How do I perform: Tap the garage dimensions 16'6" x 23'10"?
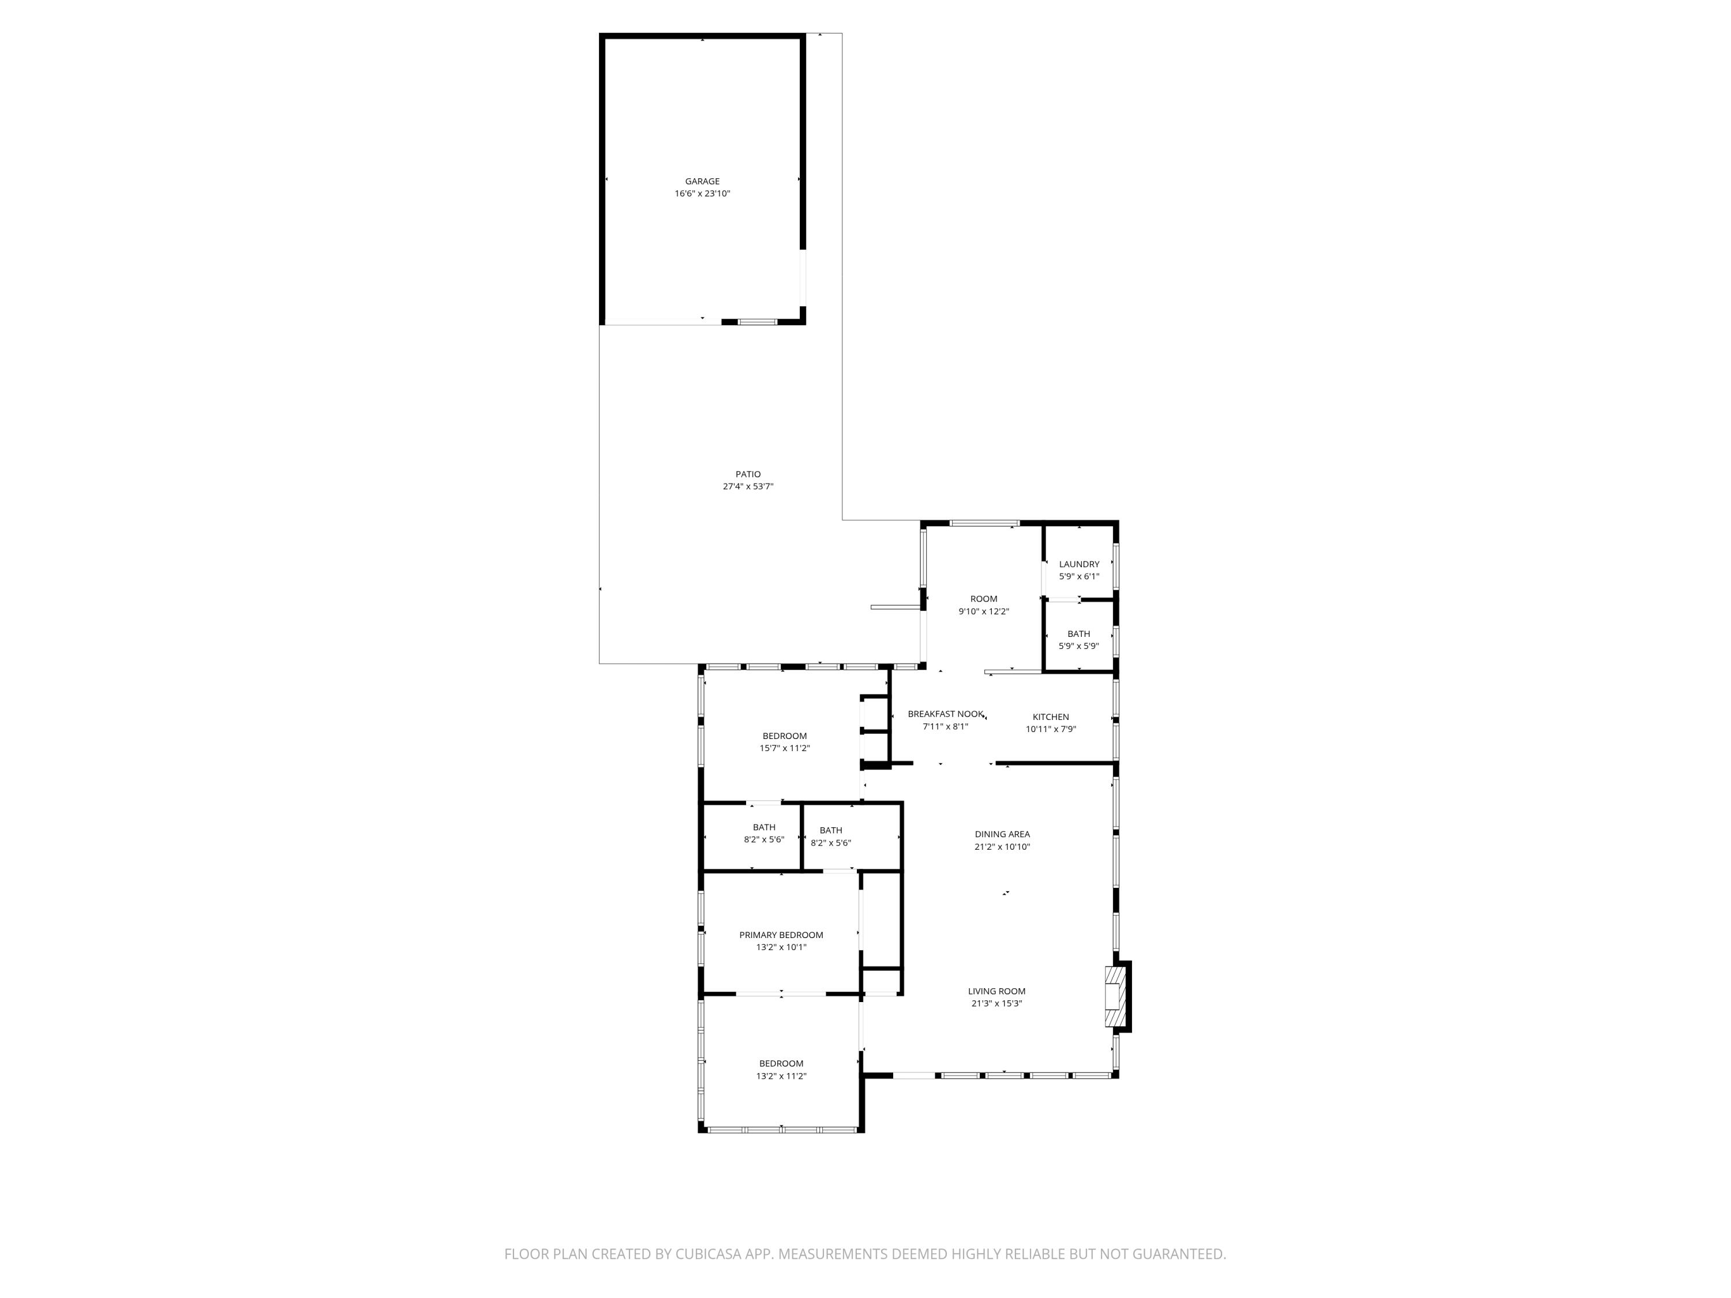pos(702,194)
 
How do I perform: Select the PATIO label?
pos(747,474)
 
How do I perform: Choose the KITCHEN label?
pos(1050,716)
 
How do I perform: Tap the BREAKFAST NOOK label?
pos(945,714)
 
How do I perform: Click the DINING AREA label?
pos(1002,834)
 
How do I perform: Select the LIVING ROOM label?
pos(996,991)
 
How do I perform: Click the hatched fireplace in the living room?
pos(1114,997)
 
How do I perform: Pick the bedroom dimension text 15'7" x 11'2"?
pos(784,749)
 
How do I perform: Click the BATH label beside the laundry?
pos(1078,634)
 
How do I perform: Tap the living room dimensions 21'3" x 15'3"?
pos(996,1004)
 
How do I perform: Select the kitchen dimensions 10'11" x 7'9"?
pos(1050,729)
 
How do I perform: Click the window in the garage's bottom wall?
pos(758,321)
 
